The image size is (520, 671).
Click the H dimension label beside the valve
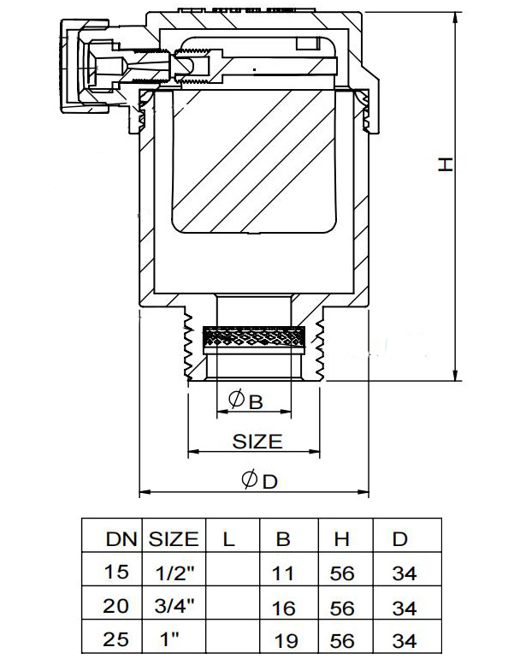(446, 164)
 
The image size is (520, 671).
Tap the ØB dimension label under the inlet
(245, 400)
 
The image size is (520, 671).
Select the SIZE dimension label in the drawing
(257, 442)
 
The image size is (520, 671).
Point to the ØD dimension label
(259, 482)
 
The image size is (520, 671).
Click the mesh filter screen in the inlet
(254, 339)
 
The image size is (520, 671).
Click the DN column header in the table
(119, 539)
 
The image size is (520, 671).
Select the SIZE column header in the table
(174, 539)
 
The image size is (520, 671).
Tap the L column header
(227, 539)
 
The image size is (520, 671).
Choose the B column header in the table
(283, 540)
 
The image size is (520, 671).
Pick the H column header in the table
(341, 540)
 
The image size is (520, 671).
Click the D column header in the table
(399, 540)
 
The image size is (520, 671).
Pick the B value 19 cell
(286, 641)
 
